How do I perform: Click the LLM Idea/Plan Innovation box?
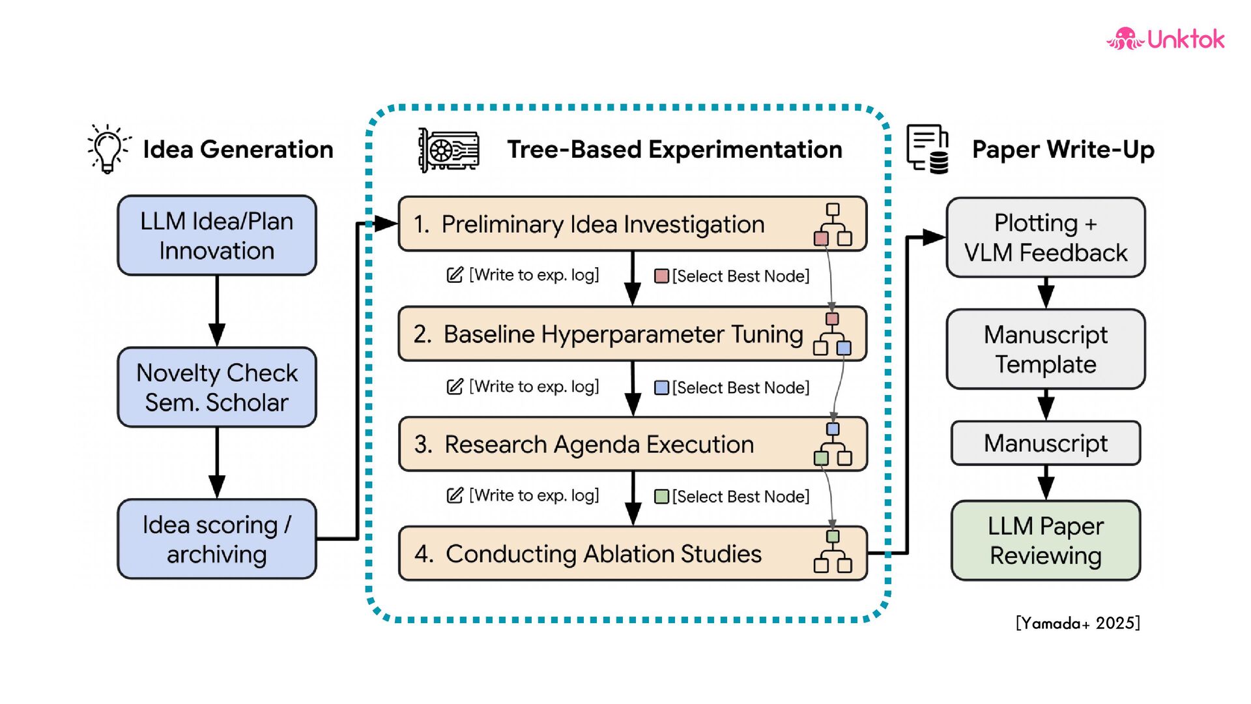[x=217, y=235]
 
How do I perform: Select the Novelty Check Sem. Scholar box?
[x=217, y=387]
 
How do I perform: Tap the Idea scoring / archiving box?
[x=217, y=539]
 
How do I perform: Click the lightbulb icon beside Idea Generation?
[x=108, y=149]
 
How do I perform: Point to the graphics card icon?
[x=448, y=150]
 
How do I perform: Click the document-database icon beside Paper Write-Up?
[x=928, y=149]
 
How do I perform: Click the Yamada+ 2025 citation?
[x=1078, y=623]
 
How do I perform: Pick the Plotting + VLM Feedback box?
[x=1045, y=237]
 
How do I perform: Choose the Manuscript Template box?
[x=1045, y=349]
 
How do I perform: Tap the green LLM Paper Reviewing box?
[x=1045, y=540]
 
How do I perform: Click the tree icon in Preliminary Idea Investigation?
[x=833, y=224]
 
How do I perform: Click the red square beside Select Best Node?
[x=661, y=276]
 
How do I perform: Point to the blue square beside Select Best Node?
[x=661, y=388]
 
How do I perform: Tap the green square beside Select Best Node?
[x=661, y=497]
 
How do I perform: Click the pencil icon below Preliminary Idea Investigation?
[x=455, y=274]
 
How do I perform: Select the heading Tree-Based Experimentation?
[x=674, y=149]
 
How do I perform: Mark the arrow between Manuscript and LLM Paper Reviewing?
[x=1046, y=483]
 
